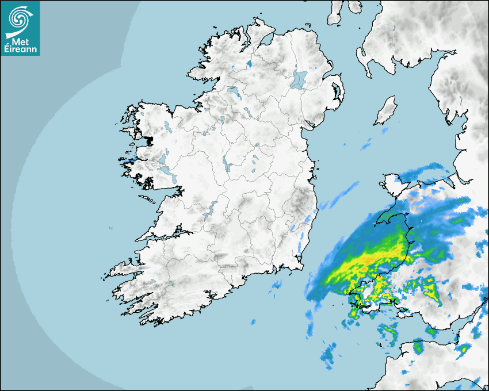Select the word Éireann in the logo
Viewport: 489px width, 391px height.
click(x=20, y=49)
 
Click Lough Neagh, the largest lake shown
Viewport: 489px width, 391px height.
click(x=299, y=79)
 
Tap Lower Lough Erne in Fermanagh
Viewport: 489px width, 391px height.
click(x=234, y=92)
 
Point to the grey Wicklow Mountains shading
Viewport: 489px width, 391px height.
click(x=301, y=201)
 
